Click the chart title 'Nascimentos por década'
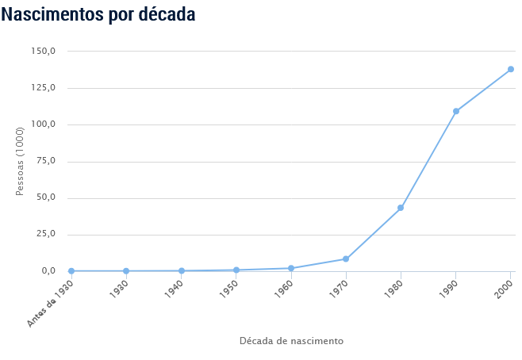pyautogui.click(x=98, y=14)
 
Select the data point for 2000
pyautogui.click(x=511, y=69)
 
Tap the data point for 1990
pyautogui.click(x=456, y=111)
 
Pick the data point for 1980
pyautogui.click(x=401, y=208)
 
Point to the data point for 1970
pyautogui.click(x=346, y=259)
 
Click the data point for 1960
pyautogui.click(x=291, y=268)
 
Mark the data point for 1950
pyautogui.click(x=236, y=270)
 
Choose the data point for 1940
pyautogui.click(x=182, y=271)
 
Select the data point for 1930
pyautogui.click(x=126, y=271)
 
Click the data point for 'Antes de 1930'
pyautogui.click(x=71, y=271)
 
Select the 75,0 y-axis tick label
pyautogui.click(x=45, y=161)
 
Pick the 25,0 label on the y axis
pyautogui.click(x=45, y=235)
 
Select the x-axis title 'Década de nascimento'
pyautogui.click(x=291, y=341)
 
